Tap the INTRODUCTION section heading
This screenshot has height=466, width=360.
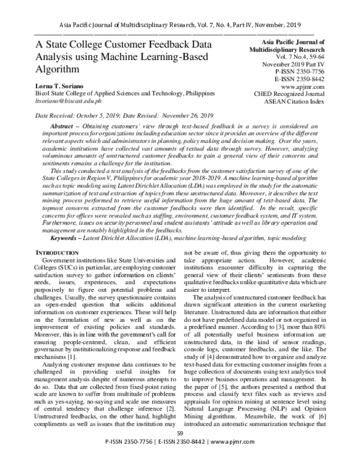pyautogui.click(x=58, y=236)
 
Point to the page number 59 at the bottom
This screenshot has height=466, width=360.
pyautogui.click(x=179, y=449)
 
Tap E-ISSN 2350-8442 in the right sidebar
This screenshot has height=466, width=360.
pyautogui.click(x=298, y=77)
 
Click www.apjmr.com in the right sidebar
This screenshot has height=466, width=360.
pyautogui.click(x=306, y=85)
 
